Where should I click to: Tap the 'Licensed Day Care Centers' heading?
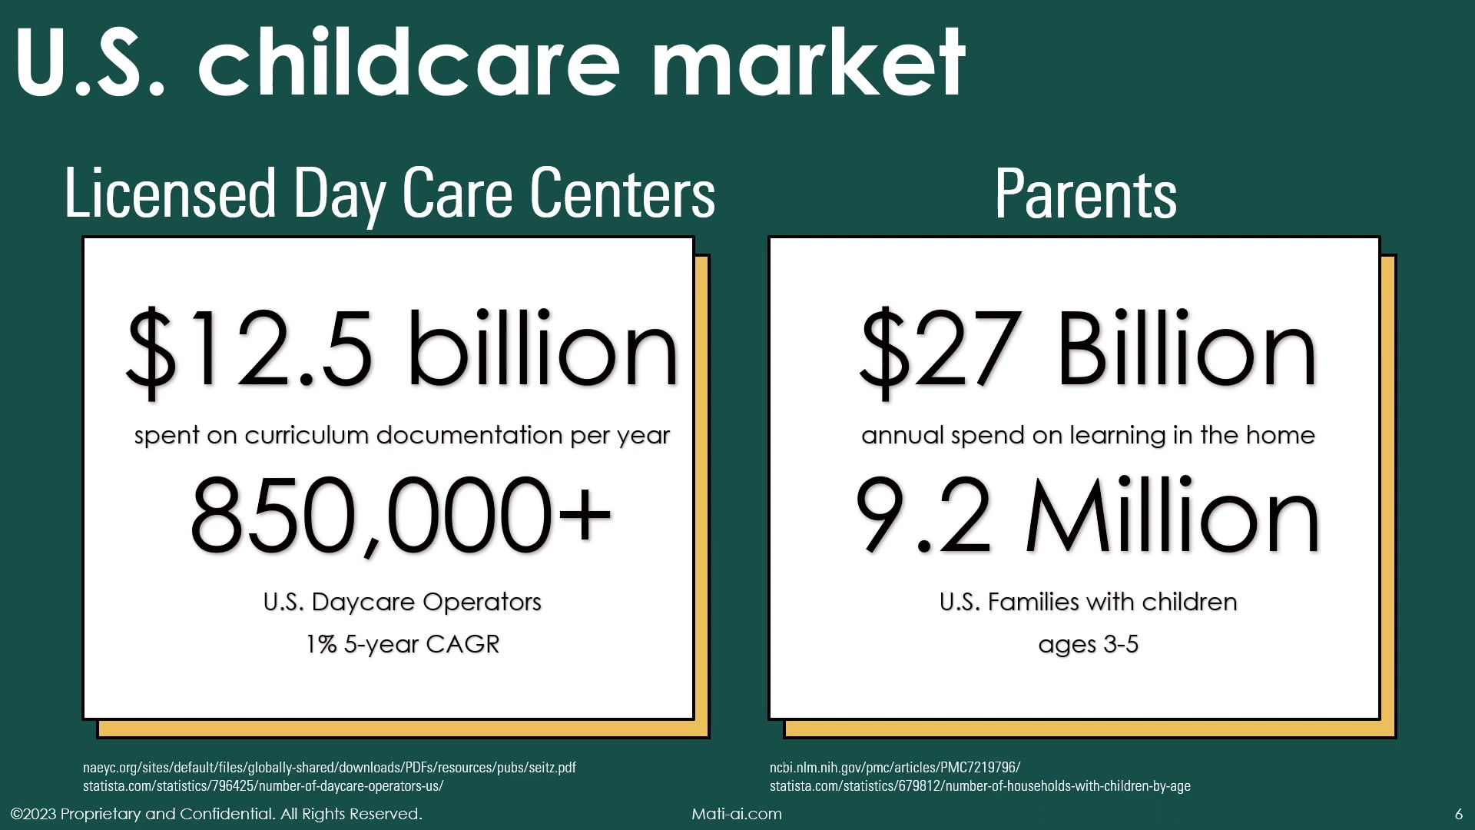tap(390, 194)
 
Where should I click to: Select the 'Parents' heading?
tap(1086, 194)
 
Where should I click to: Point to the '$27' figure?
tap(942, 350)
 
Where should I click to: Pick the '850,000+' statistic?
tap(401, 515)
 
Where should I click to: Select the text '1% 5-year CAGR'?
tap(403, 644)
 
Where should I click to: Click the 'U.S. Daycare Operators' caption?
tap(403, 602)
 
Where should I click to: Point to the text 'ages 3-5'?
tap(1088, 644)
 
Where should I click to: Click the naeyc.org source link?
tap(330, 767)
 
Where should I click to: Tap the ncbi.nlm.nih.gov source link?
tap(895, 767)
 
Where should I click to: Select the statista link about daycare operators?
tap(264, 785)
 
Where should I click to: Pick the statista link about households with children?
tap(980, 785)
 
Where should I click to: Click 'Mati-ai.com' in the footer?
tap(737, 814)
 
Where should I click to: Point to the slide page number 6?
tap(1459, 814)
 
